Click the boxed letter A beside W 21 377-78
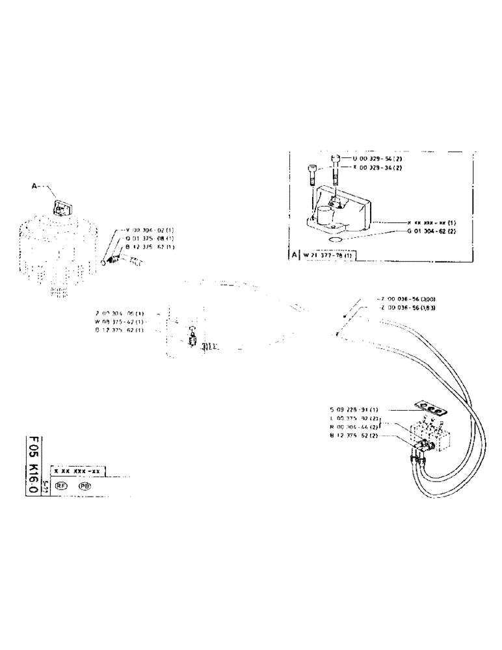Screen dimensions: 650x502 [294, 254]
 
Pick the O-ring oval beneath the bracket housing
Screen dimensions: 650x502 [337, 240]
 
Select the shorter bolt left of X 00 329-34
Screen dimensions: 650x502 [312, 175]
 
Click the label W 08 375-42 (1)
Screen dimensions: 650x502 [121, 321]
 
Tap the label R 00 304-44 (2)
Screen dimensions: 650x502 [354, 426]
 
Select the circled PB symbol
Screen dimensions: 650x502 [84, 486]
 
